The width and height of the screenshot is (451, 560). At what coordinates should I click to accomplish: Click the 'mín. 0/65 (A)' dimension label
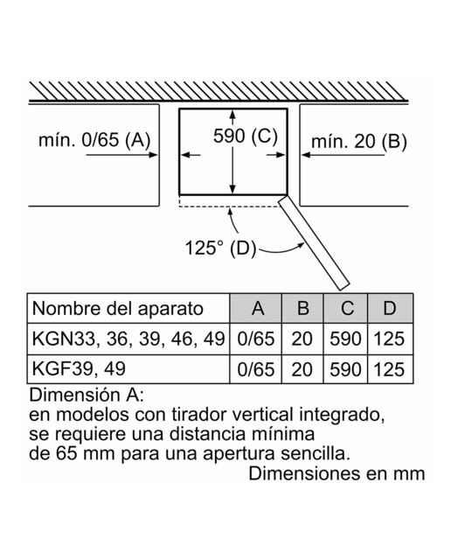[94, 139]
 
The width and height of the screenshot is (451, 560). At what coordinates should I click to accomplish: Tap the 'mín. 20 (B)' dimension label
[359, 142]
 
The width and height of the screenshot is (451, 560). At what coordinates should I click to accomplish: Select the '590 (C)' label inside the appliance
[245, 136]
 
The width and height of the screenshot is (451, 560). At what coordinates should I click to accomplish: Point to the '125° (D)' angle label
[220, 248]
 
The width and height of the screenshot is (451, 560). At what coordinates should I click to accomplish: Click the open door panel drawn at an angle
[314, 243]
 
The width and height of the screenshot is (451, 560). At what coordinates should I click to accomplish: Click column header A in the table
[256, 309]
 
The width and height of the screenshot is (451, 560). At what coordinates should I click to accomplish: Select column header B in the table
[302, 309]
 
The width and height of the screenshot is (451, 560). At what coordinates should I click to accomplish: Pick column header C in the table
[345, 309]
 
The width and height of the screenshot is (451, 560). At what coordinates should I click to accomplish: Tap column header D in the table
[390, 309]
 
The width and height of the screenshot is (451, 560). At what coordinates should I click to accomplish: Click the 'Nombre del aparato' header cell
[118, 309]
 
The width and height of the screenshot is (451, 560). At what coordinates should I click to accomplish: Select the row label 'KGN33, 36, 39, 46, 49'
[128, 339]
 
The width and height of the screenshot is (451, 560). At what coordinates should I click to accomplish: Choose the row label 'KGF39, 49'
[79, 368]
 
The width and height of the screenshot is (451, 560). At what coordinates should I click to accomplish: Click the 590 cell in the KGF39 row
[345, 369]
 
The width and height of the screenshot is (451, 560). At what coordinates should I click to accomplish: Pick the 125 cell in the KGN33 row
[389, 339]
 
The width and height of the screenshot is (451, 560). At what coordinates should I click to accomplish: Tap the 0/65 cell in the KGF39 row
[256, 369]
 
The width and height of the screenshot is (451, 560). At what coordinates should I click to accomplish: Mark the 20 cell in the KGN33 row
[302, 339]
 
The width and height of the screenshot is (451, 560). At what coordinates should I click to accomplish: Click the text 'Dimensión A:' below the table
[87, 395]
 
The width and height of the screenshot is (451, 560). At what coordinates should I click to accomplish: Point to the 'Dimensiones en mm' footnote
[337, 473]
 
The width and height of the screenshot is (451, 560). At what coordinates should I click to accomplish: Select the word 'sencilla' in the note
[315, 453]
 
